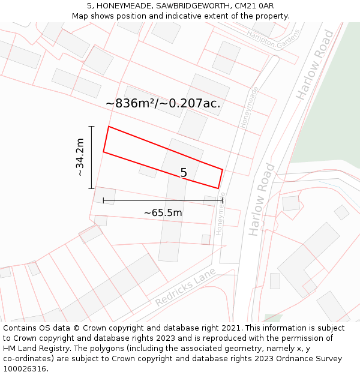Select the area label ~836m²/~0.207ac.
coord(163,103)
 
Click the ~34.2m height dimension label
coord(79,157)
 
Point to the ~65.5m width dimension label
coord(163,212)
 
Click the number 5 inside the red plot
coord(184,173)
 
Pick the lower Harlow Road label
coord(262,199)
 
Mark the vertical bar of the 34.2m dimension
coord(91,157)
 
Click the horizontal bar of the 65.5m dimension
coord(163,200)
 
